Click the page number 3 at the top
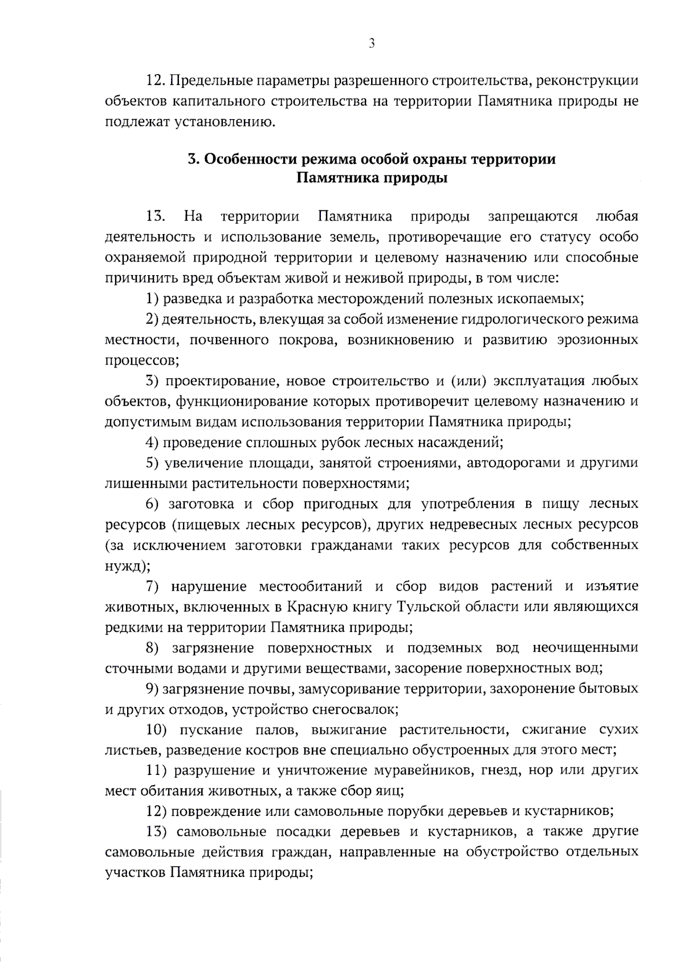(x=372, y=44)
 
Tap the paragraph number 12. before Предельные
(x=156, y=80)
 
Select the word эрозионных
(x=601, y=340)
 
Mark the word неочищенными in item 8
(x=585, y=648)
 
